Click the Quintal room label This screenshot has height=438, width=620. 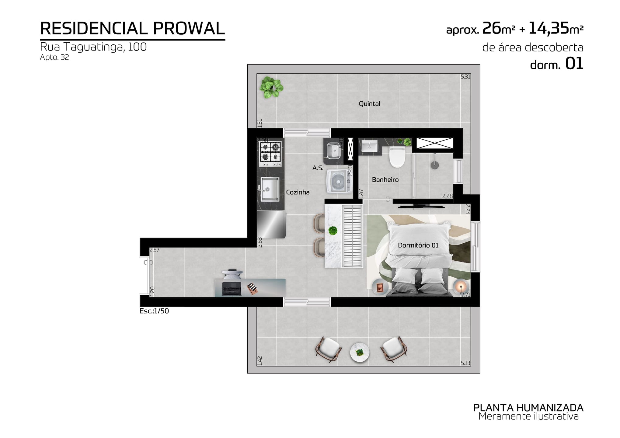click(x=369, y=104)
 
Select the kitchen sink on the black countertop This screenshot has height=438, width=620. click(x=270, y=189)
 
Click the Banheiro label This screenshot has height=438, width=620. click(x=385, y=180)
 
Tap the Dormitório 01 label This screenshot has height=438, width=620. click(x=418, y=245)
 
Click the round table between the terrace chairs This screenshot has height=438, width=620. click(x=360, y=353)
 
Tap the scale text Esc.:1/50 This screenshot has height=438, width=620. click(x=154, y=311)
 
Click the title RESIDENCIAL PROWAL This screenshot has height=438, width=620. click(x=132, y=29)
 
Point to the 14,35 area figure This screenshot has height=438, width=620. click(x=549, y=29)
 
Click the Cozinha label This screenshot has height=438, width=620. click(x=298, y=192)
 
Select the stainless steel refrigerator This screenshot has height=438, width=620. click(x=271, y=224)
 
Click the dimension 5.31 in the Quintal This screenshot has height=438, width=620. click(x=465, y=77)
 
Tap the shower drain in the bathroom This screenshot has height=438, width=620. click(x=435, y=165)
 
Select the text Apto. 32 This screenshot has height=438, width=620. click(x=54, y=57)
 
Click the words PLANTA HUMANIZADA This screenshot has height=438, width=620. click(x=528, y=408)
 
